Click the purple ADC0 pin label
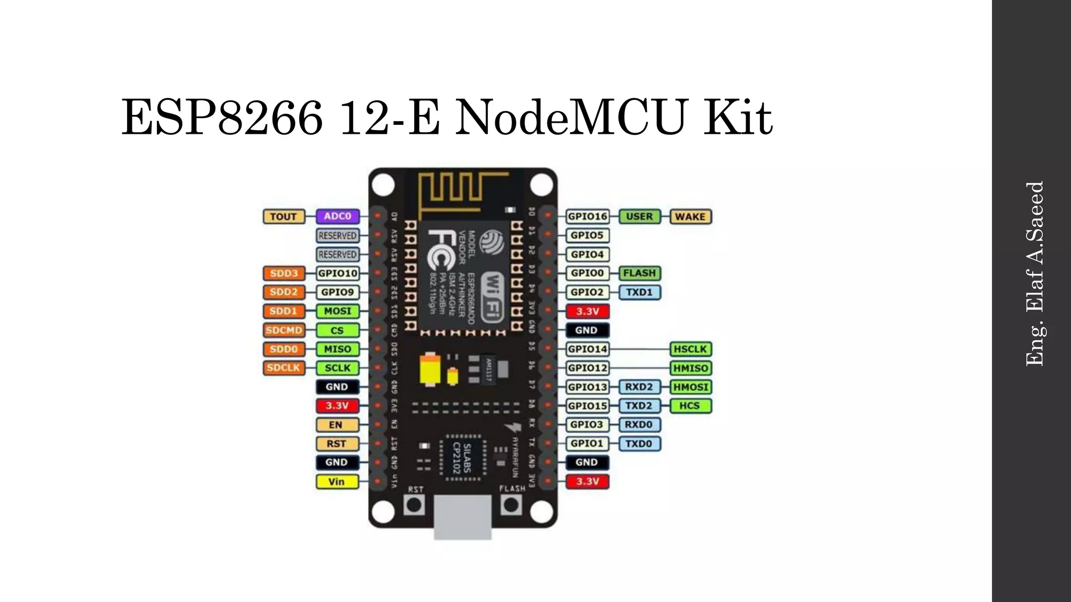(337, 216)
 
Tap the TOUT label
(283, 216)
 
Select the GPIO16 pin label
(587, 216)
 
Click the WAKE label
(690, 216)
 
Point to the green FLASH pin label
(639, 273)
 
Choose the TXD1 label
(639, 292)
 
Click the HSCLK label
(690, 349)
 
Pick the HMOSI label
(690, 387)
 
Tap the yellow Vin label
(337, 481)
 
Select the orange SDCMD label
(283, 330)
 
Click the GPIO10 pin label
(338, 273)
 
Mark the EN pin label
(337, 425)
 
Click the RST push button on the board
(414, 505)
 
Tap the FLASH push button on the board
(511, 505)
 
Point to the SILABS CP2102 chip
(462, 458)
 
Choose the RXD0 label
(639, 425)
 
